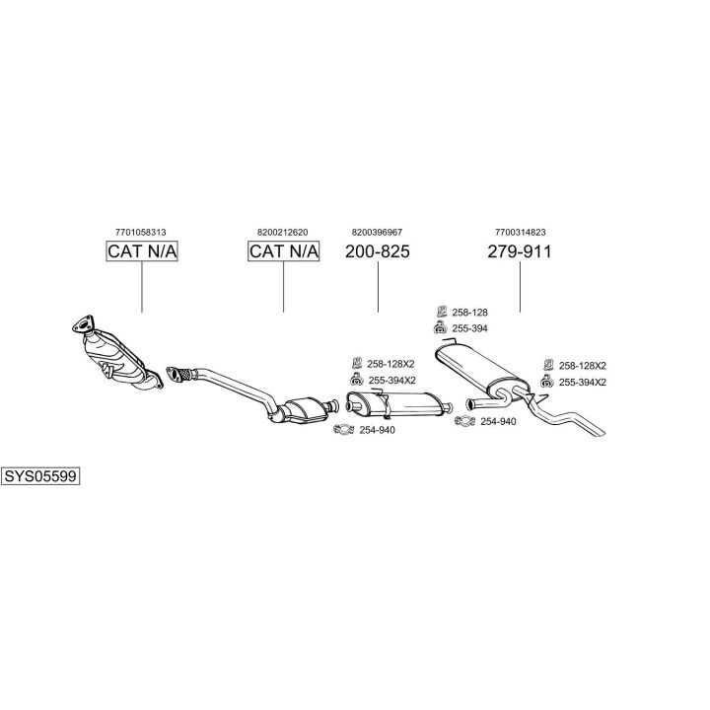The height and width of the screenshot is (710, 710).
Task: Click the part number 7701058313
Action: (x=141, y=232)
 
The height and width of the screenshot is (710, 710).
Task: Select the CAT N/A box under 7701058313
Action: (x=142, y=252)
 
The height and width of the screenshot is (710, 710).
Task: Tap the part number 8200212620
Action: (x=283, y=232)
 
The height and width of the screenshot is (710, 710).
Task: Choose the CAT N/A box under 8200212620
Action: (x=284, y=252)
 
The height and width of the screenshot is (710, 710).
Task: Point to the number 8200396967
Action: (x=377, y=232)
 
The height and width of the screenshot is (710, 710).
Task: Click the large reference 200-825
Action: (x=378, y=252)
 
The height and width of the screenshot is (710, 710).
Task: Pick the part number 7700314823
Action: (x=521, y=232)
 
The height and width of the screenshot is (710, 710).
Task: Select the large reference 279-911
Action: (x=520, y=252)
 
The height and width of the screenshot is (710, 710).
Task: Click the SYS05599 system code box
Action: (x=40, y=476)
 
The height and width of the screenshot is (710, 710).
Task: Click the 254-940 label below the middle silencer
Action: (x=378, y=430)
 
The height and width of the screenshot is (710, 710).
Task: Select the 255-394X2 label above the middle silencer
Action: (x=391, y=381)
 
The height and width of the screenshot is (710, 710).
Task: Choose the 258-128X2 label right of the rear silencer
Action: (x=582, y=365)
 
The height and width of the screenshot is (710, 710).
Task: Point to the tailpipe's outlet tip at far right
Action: (x=599, y=430)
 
